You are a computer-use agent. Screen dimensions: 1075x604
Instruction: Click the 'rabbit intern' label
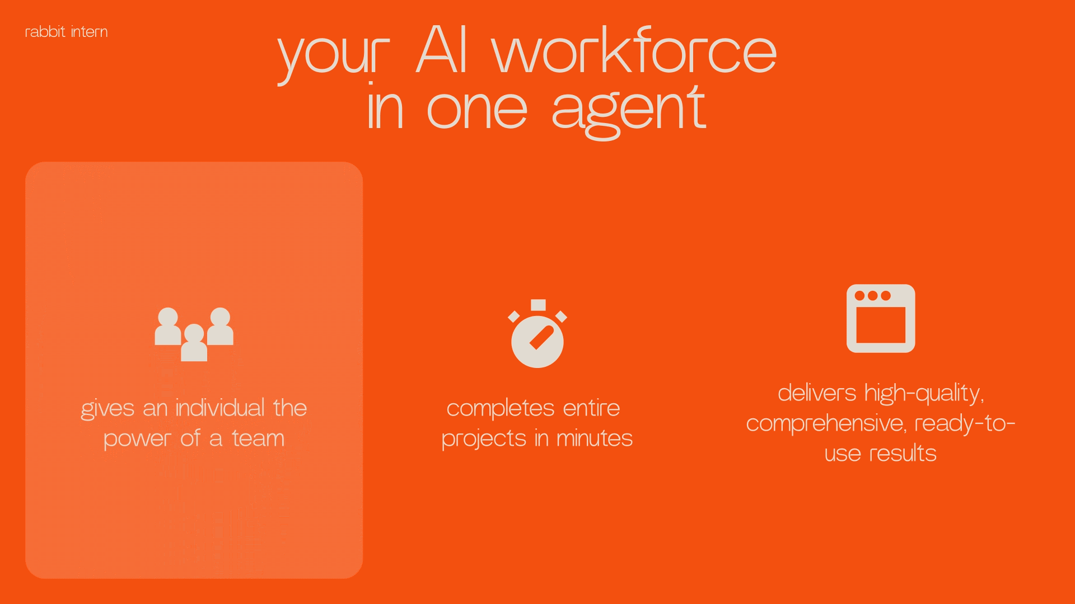[x=66, y=32]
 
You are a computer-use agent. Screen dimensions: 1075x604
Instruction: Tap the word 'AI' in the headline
[x=442, y=50]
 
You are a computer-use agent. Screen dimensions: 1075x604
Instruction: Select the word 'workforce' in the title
[x=634, y=50]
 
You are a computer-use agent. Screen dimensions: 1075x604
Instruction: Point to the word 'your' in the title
[x=334, y=56]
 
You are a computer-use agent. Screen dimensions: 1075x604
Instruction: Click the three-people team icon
[x=194, y=334]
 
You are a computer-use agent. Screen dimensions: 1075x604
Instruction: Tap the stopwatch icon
[x=537, y=334]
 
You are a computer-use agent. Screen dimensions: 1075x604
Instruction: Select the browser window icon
[x=881, y=318]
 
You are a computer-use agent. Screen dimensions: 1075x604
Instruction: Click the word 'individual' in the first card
[x=220, y=408]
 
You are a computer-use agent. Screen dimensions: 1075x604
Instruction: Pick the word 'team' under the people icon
[x=258, y=438]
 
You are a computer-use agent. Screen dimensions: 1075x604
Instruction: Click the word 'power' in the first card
[x=137, y=440]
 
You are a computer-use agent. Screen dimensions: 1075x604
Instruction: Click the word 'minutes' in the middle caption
[x=595, y=438]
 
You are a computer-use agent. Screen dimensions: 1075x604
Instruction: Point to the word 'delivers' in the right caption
[x=817, y=393]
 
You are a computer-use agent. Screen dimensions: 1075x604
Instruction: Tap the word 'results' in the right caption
[x=903, y=453]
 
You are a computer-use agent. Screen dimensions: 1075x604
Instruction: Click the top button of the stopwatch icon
[x=538, y=305]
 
